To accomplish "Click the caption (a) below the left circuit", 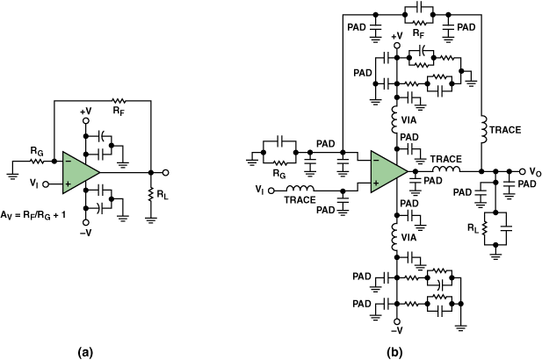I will (x=84, y=352).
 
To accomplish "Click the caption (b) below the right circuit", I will (x=394, y=352).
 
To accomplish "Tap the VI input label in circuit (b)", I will (x=259, y=189).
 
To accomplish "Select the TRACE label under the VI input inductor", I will (x=300, y=201).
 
